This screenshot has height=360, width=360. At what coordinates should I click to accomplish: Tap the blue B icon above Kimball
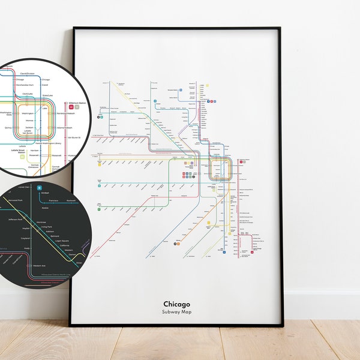39,188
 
